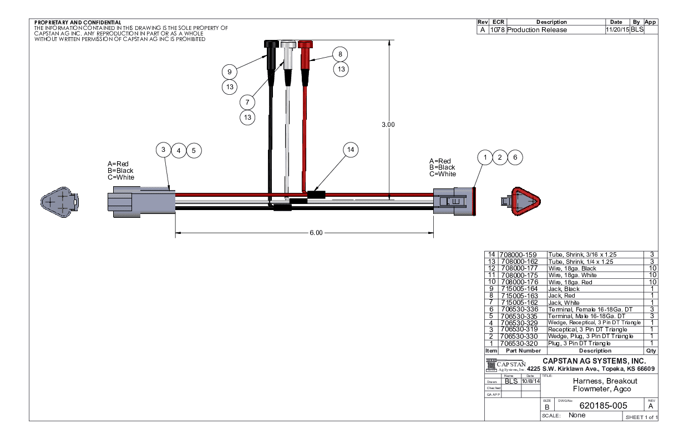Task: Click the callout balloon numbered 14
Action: point(350,150)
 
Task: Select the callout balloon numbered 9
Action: point(229,71)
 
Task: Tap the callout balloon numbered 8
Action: point(341,54)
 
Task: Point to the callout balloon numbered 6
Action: point(515,157)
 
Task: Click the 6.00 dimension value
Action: point(316,233)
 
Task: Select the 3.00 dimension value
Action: point(388,125)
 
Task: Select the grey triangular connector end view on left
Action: point(60,201)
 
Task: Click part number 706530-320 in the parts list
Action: point(520,344)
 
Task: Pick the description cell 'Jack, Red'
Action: point(564,296)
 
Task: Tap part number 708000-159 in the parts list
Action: point(519,255)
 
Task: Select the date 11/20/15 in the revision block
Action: point(617,29)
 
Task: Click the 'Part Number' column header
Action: point(519,351)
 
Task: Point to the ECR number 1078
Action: point(497,29)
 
